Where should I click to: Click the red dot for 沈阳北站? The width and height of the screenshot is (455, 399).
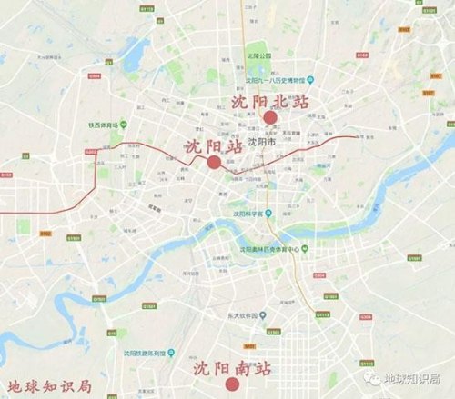coord(269,117)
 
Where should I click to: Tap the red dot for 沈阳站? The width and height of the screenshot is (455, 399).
coord(213,162)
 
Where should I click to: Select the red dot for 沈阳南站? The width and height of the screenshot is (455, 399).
coord(233,384)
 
